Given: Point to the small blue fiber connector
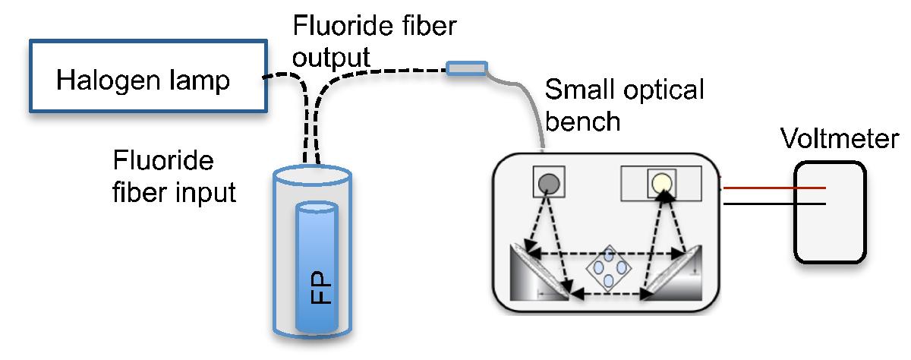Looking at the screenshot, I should click(x=465, y=69).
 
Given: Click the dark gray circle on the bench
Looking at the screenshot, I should click(x=548, y=182).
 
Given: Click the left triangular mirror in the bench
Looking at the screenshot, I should click(x=541, y=277).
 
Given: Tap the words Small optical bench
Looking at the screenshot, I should click(x=624, y=106).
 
